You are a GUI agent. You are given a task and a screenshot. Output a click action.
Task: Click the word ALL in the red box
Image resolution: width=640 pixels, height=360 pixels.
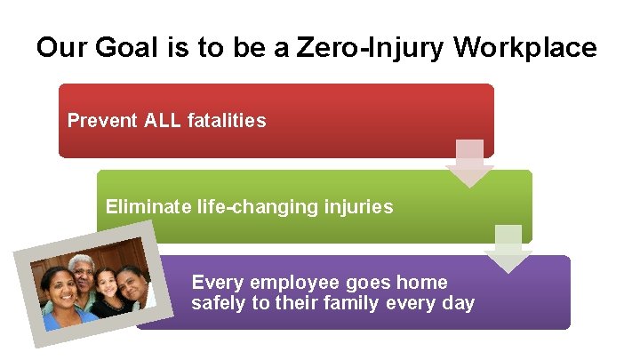coord(163,120)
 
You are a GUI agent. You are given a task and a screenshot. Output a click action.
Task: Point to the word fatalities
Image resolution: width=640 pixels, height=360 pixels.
coord(227,120)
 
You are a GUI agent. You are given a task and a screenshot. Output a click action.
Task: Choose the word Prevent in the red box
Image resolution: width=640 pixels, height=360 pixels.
coord(101,120)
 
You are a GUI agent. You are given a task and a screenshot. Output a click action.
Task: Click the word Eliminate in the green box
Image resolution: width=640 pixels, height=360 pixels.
coord(144,207)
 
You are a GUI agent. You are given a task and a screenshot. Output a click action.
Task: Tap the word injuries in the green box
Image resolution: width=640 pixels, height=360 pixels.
coord(356,207)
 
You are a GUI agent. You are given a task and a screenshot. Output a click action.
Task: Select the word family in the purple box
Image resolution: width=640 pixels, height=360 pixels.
coord(354,303)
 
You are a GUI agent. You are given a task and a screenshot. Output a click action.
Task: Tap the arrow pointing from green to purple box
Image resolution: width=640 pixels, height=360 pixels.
coord(508,249)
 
